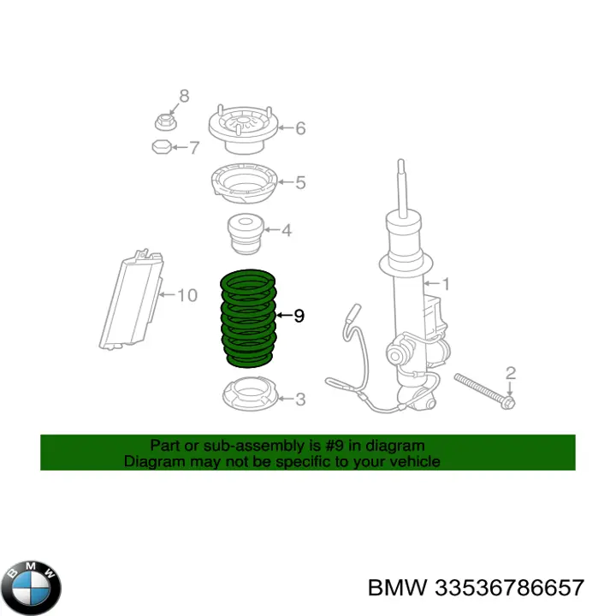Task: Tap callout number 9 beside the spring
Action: pyautogui.click(x=299, y=317)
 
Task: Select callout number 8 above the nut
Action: pyautogui.click(x=182, y=95)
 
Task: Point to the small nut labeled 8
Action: pyautogui.click(x=166, y=121)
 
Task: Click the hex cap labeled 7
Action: pyautogui.click(x=162, y=148)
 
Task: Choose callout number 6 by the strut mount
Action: pyautogui.click(x=299, y=128)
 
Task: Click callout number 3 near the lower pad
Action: pyautogui.click(x=299, y=399)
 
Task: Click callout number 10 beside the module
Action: pyautogui.click(x=187, y=296)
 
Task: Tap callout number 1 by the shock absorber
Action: pyautogui.click(x=444, y=283)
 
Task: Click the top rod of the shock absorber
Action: pyautogui.click(x=400, y=184)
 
